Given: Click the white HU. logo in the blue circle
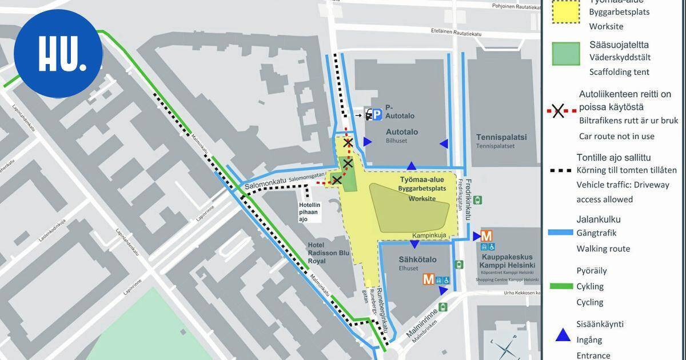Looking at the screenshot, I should point(57,54).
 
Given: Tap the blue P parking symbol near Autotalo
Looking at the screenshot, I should point(377,116).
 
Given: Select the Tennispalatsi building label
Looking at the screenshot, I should point(501,138).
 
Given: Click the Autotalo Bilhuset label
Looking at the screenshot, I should point(401,135).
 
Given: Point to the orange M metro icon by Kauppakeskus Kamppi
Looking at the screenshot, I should point(487,235).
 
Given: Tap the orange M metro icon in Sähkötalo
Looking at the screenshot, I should point(428,279).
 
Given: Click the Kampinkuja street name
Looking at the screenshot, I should point(429,235).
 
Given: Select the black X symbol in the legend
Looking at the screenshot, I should point(559,112).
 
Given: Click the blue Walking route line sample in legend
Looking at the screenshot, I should point(561,233).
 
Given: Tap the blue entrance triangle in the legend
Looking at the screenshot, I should point(563,335).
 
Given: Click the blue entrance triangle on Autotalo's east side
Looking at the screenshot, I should point(443,143).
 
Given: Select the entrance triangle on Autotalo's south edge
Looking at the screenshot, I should point(411,166).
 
